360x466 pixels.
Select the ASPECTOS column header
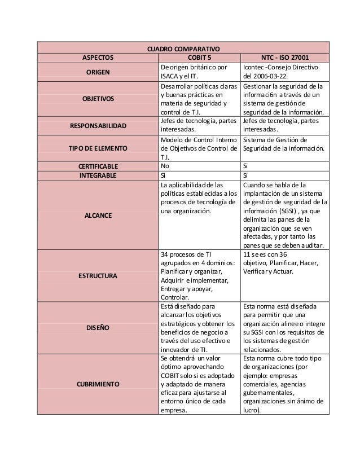click(x=98, y=57)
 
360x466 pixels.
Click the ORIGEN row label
click(x=98, y=72)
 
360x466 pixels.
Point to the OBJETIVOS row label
click(x=98, y=99)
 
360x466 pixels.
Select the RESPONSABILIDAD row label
click(x=98, y=125)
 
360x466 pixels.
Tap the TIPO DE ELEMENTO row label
click(x=98, y=148)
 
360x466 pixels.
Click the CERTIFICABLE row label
click(x=98, y=166)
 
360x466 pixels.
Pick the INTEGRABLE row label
click(x=98, y=175)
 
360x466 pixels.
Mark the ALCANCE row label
click(x=98, y=216)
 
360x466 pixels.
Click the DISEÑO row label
click(x=98, y=327)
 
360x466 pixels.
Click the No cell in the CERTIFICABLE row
click(x=165, y=166)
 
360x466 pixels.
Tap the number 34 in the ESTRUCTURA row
click(x=165, y=254)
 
